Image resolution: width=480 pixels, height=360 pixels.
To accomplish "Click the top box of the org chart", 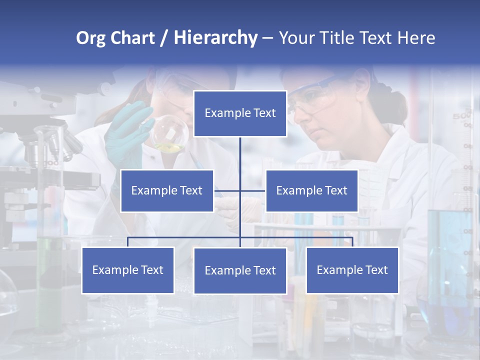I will [x=240, y=113].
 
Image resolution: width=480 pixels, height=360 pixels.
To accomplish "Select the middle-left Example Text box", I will [x=167, y=190].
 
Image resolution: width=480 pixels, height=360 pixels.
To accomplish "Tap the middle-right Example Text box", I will [x=311, y=190].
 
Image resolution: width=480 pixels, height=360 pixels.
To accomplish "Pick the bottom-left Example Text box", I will [x=128, y=270].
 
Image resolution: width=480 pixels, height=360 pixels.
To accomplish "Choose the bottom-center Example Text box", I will [x=240, y=270].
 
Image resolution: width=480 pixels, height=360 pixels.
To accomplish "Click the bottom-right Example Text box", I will [x=352, y=270].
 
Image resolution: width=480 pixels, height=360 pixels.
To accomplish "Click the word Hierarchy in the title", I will [x=215, y=38].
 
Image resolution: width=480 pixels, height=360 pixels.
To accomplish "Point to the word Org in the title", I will [x=90, y=38].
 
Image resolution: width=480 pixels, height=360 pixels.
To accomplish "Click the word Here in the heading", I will [x=416, y=38].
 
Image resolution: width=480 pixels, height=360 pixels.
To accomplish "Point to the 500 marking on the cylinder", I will [x=461, y=117].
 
